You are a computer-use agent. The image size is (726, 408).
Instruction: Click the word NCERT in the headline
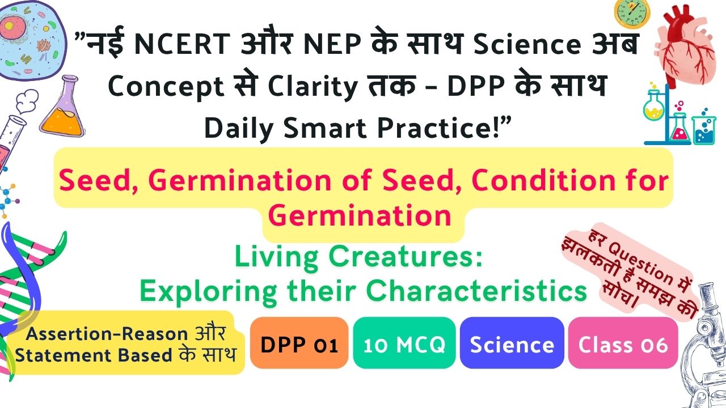pyautogui.click(x=182, y=44)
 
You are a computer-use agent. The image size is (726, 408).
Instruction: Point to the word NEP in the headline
pyautogui.click(x=332, y=44)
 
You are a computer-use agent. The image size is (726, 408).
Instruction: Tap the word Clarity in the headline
pyautogui.click(x=313, y=87)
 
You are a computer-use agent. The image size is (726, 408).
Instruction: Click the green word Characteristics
pyautogui.click(x=476, y=291)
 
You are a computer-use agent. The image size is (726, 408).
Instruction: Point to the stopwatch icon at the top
pyautogui.click(x=632, y=13)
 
